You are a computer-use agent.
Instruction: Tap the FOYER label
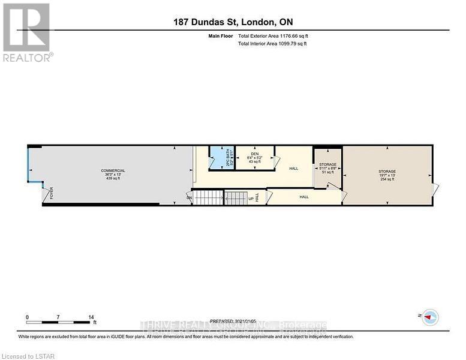point(52,193)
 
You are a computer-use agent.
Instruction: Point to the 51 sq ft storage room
point(327,168)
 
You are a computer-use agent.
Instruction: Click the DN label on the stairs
point(189,197)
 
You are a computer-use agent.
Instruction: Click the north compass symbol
point(429,317)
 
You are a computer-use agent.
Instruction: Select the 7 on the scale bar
point(58,317)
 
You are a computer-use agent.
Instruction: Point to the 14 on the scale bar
point(91,317)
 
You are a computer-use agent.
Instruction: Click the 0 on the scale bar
point(27,317)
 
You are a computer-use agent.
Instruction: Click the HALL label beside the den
point(293,169)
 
